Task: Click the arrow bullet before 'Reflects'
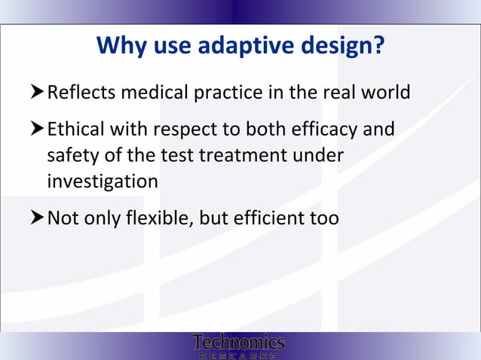[38, 93]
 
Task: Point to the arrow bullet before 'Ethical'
[38, 130]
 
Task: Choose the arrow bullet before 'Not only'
[38, 218]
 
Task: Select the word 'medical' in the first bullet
[155, 93]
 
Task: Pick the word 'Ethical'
[76, 130]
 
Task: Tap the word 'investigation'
[103, 182]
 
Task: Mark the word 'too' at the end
[325, 218]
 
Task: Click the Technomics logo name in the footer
[239, 342]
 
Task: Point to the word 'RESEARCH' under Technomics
[239, 355]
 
